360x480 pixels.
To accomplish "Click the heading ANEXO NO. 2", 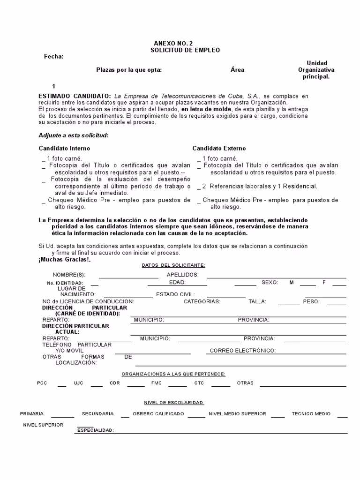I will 173,43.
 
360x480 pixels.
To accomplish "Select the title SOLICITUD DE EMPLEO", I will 185,50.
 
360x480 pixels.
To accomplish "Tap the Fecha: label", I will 53,57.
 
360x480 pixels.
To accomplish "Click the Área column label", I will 237,70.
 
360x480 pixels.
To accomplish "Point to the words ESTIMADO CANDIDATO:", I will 75,96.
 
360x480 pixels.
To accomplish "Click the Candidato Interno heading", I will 64,149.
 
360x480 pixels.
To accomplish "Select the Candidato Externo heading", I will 219,149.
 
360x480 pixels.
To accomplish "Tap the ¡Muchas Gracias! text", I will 64,259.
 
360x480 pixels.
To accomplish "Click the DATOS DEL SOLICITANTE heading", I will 173,265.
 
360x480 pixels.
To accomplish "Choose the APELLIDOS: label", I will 183,275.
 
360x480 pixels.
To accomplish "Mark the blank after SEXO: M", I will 307,285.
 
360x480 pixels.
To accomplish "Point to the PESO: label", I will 311,301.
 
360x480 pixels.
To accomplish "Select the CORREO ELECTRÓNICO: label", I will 242,351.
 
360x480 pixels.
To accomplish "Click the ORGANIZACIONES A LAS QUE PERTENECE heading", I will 173,374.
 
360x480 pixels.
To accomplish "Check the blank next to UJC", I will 97,385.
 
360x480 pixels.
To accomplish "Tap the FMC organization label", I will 156,383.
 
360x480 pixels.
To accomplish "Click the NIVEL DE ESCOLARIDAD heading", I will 173,403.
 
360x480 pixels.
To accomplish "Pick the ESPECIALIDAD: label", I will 95,430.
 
